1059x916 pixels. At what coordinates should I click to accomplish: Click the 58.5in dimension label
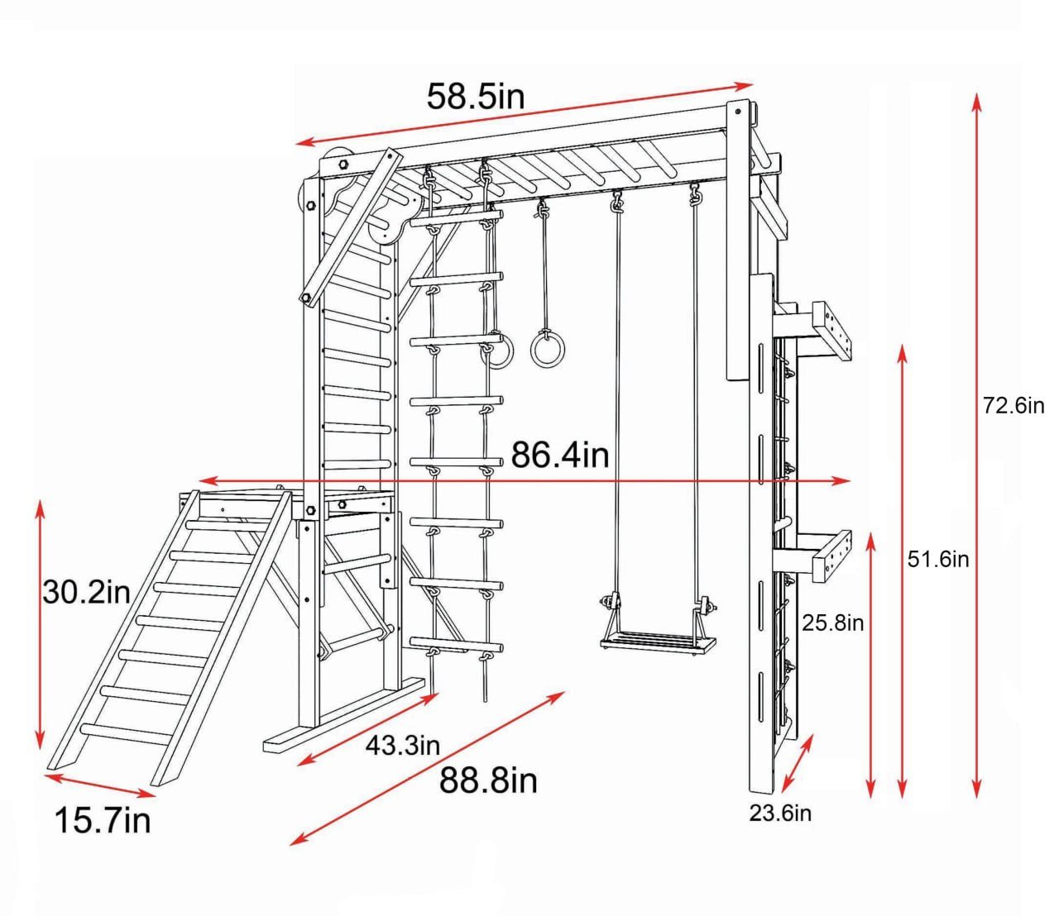point(476,97)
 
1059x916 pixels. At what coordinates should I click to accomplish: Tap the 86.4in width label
point(559,455)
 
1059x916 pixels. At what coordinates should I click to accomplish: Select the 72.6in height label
point(1013,406)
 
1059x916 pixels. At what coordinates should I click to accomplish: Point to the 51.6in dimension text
point(938,560)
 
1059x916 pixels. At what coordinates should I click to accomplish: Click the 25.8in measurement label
point(832,623)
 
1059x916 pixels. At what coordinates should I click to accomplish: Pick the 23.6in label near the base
point(780,813)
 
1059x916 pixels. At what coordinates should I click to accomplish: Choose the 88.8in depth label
point(488,780)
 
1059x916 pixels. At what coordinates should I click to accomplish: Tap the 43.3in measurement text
point(403,746)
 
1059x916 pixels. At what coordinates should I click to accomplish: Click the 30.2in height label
point(87,592)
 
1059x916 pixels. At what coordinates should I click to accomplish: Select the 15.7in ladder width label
point(103,821)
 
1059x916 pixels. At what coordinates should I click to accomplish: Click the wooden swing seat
point(659,642)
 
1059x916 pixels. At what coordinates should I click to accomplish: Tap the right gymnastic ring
point(545,348)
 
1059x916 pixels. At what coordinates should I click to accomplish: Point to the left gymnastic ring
point(499,351)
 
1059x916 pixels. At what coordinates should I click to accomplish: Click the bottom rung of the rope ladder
point(457,644)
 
